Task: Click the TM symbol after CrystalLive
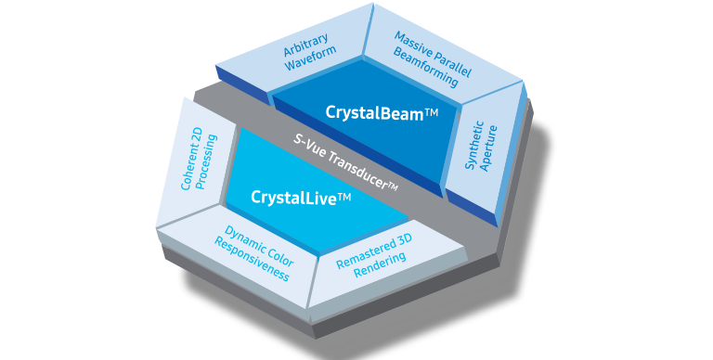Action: pos(344,197)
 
